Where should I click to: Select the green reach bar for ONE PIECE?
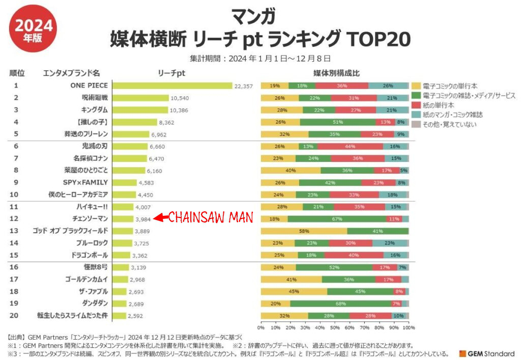[x=172, y=86]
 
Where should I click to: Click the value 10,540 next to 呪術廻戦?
[x=180, y=98]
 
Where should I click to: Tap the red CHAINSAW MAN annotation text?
[x=211, y=218]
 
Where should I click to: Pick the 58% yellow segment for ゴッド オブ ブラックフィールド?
[x=304, y=231]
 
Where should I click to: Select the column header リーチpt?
[x=171, y=73]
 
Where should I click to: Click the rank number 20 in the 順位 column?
[x=16, y=316]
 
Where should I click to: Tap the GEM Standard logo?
[x=486, y=353]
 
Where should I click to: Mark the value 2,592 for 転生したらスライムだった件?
[x=135, y=316]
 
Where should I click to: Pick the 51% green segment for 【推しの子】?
[x=337, y=122]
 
